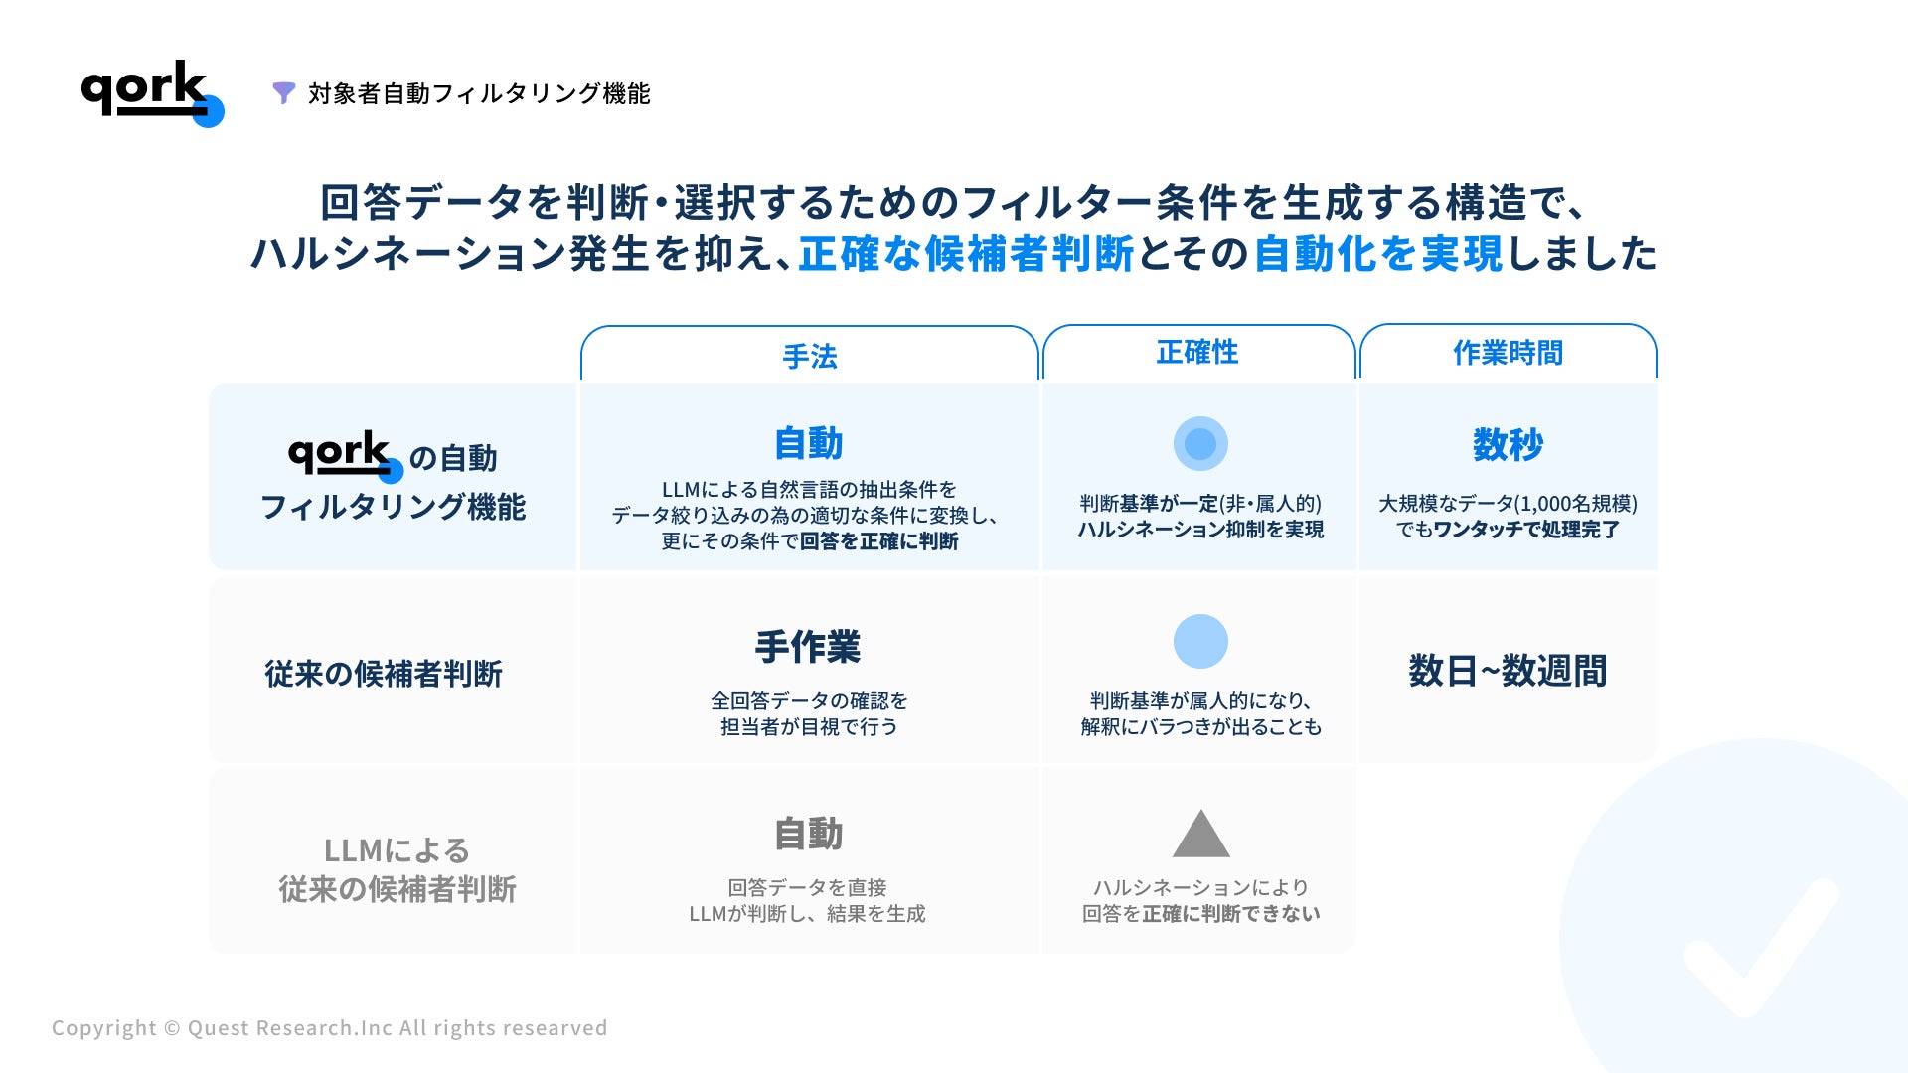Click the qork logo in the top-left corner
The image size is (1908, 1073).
pos(152,93)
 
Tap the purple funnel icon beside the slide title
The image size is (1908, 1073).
pos(284,93)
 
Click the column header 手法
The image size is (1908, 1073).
pos(810,356)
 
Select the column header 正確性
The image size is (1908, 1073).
pos(1197,352)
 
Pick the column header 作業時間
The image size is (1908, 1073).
pos(1508,352)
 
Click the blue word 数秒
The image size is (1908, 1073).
pos(1508,444)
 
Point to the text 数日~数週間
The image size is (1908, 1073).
pos(1508,671)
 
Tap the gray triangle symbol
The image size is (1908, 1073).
pos(1200,835)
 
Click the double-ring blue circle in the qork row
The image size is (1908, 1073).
pos(1200,443)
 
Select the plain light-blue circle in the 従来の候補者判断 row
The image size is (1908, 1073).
pos(1200,641)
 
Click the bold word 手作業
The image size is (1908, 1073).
pos(808,647)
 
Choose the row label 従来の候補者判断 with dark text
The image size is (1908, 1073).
pos(384,674)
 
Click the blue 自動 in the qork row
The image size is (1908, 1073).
pos(809,443)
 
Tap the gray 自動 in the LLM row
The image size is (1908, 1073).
pos(809,834)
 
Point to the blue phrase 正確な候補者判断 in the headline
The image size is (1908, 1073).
pos(966,254)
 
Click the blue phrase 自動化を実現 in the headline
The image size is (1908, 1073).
pos(1378,254)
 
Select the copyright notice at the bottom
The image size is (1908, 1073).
pos(329,1028)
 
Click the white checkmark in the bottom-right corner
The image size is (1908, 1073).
pos(1761,948)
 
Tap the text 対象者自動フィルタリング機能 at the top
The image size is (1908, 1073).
pos(479,93)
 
